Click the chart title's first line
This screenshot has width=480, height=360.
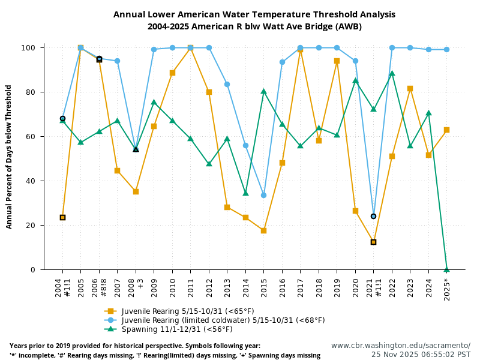coord(254,14)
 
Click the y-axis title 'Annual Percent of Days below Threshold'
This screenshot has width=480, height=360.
coord(9,157)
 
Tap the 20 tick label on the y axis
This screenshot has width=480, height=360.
coord(34,226)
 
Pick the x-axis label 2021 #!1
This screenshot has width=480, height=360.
coord(374,290)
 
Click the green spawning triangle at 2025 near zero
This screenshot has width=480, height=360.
coord(446,269)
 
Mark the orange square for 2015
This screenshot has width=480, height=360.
coord(263,230)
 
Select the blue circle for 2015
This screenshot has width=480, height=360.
coord(263,195)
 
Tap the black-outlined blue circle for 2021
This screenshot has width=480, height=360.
coord(373,216)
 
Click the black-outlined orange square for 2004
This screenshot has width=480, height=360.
coord(62,217)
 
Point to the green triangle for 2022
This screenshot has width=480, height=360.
coord(392,74)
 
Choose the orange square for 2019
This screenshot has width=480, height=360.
coord(337,61)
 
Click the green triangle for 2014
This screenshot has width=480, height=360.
coord(245,193)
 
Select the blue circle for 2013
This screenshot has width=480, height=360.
coord(227,84)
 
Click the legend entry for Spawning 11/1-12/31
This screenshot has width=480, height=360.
coord(176,329)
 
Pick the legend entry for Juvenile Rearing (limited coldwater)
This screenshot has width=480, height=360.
coord(222,320)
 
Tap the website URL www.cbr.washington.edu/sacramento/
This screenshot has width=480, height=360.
coord(401,346)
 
